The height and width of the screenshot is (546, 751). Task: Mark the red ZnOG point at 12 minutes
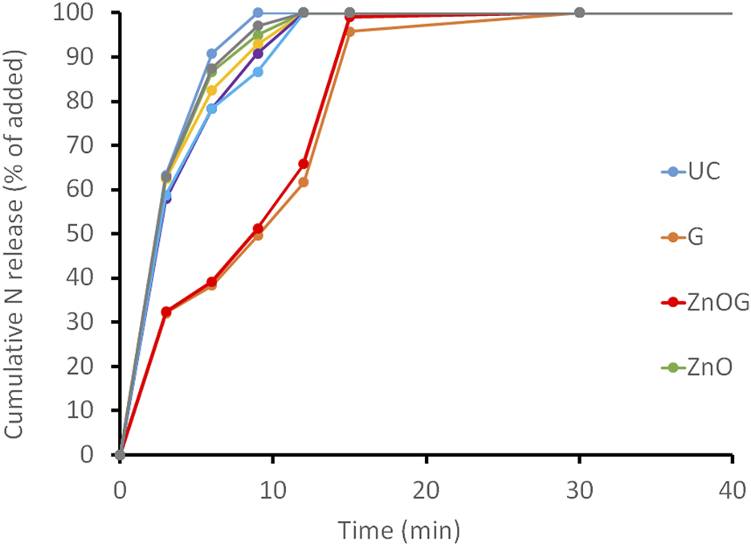pos(304,164)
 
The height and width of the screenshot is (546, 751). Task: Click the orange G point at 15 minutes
pos(349,31)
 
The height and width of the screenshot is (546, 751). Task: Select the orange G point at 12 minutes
pos(304,182)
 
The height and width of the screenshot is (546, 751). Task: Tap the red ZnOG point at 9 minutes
pos(258,229)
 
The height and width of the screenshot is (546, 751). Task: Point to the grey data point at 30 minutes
pos(579,13)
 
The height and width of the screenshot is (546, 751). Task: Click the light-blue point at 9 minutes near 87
pos(258,72)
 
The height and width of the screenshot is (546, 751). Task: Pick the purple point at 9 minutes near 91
pos(258,53)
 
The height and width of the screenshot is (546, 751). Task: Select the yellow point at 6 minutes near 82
pos(212,90)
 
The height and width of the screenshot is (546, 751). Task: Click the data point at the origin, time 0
pos(120,454)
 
